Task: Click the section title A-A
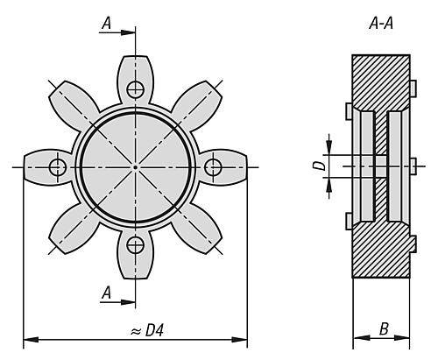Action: click(x=381, y=24)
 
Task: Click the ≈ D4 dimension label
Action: click(x=147, y=331)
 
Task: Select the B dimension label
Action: click(x=384, y=328)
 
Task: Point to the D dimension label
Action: click(x=319, y=166)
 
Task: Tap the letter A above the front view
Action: click(x=107, y=24)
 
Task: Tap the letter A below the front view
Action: click(x=107, y=293)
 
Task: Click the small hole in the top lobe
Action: click(x=135, y=88)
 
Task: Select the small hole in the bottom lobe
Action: click(x=135, y=245)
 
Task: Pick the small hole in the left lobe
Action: click(x=58, y=167)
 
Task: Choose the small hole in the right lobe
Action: click(x=213, y=167)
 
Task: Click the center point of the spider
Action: click(x=135, y=167)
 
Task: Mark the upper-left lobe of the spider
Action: click(x=73, y=102)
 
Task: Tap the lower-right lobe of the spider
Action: click(x=197, y=229)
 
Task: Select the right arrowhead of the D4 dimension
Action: click(x=240, y=340)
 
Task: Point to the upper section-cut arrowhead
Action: click(x=128, y=32)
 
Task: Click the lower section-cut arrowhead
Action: click(x=128, y=302)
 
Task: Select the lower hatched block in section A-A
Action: click(x=381, y=251)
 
